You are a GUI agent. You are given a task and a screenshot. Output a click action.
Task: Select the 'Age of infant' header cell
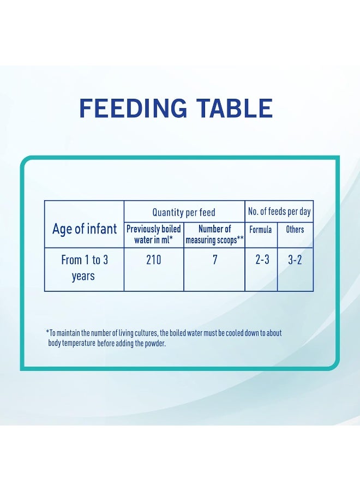tap(85, 229)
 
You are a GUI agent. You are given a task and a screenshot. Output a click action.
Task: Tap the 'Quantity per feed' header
tap(184, 212)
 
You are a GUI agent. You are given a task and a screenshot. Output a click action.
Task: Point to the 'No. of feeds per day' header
tap(279, 211)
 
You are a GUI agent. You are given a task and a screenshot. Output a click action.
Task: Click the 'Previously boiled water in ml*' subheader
tap(154, 234)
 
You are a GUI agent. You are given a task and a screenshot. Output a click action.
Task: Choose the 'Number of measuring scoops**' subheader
tap(214, 234)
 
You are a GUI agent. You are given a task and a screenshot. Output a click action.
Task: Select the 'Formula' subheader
tap(261, 230)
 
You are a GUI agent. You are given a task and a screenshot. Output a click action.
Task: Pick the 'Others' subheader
tap(295, 230)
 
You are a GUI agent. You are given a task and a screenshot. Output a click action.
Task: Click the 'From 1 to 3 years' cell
tap(84, 268)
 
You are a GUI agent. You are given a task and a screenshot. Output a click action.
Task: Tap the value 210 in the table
tap(154, 260)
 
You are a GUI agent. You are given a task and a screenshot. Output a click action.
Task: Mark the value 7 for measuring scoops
tap(215, 260)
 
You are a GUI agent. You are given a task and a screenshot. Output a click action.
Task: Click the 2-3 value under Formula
tap(262, 260)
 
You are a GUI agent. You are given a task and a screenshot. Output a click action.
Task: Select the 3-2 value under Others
tap(295, 260)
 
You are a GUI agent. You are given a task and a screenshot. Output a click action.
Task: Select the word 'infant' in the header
tap(103, 229)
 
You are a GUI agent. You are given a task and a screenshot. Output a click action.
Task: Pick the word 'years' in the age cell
tap(83, 276)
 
